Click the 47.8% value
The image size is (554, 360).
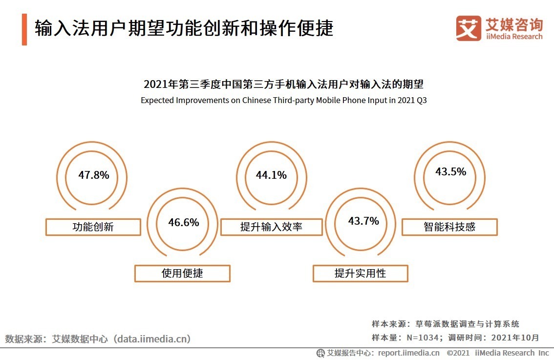tap(94, 175)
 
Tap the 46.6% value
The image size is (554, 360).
tap(184, 223)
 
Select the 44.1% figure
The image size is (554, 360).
tap(271, 175)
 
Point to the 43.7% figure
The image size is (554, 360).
tap(363, 221)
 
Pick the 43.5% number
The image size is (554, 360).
tap(450, 172)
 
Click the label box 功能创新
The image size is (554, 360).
tap(93, 227)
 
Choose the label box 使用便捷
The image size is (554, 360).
tap(182, 274)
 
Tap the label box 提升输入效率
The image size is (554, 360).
tap(271, 227)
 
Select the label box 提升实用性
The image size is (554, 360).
tap(360, 274)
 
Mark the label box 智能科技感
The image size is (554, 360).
tap(449, 227)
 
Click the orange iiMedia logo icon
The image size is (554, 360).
tap(468, 28)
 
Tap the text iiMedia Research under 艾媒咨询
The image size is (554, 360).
tap(514, 37)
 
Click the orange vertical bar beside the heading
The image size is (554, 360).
tap(24, 30)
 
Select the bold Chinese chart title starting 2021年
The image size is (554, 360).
tap(283, 85)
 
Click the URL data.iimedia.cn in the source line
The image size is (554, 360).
tap(152, 339)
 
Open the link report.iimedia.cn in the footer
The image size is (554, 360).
tap(409, 353)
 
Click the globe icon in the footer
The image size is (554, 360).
tap(320, 353)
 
